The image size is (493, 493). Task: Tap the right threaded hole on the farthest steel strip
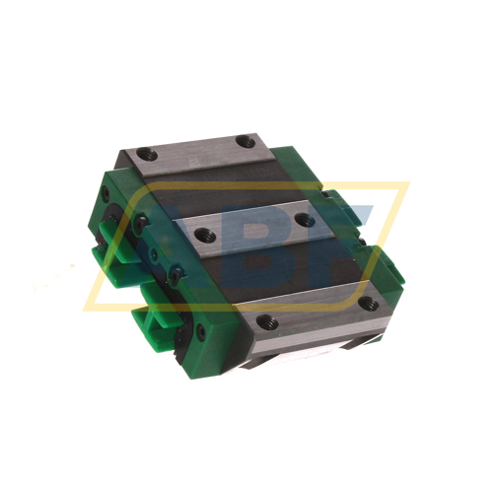[x=245, y=145]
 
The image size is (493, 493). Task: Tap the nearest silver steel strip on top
[x=316, y=312]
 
